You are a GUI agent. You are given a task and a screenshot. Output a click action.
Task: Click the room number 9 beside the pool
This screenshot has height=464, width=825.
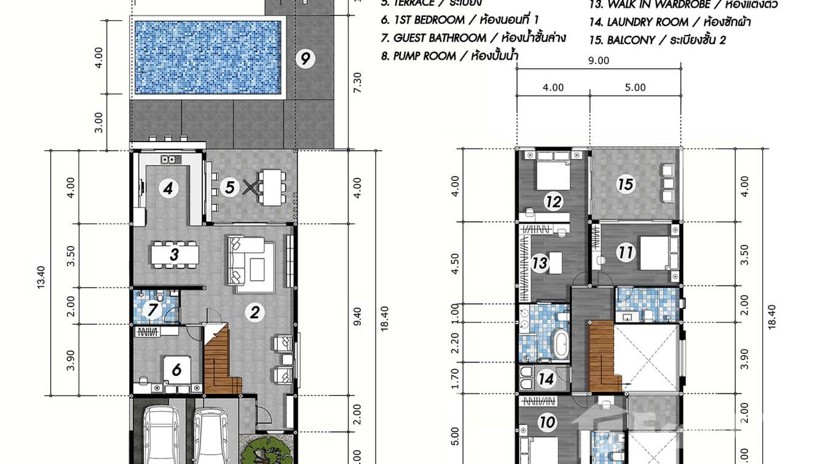point(305,59)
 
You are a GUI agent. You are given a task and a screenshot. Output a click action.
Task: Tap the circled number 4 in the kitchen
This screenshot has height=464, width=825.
point(168,188)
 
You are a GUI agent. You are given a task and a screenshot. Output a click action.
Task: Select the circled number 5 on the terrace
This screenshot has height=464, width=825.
point(229,187)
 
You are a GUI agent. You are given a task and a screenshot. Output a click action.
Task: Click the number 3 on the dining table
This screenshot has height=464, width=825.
point(175,254)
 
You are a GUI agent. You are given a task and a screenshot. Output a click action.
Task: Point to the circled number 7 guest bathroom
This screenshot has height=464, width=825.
point(152,311)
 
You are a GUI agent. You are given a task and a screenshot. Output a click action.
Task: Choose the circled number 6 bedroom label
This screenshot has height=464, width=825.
point(176,369)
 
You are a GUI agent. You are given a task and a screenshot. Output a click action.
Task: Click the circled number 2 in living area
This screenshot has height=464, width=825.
point(253,313)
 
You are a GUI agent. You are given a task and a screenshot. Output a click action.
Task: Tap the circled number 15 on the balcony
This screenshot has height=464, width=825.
point(625,185)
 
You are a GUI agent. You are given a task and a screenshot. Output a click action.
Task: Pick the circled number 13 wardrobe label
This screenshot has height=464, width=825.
point(540,263)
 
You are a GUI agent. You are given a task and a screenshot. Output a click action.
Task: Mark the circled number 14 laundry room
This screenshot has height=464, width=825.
point(547,379)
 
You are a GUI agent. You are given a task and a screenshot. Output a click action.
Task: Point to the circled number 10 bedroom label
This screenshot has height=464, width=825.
point(547,422)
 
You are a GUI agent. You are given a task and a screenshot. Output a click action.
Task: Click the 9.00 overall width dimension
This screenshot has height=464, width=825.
point(598,60)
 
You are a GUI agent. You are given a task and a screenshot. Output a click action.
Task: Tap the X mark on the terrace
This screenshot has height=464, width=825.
point(249,187)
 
